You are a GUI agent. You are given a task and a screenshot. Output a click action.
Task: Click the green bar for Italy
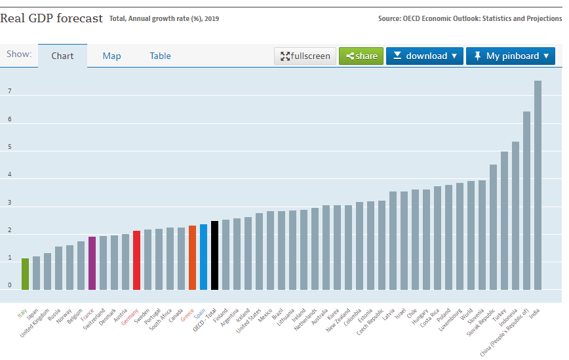tap(25, 273)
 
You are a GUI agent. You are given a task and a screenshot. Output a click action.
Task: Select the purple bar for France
tap(92, 263)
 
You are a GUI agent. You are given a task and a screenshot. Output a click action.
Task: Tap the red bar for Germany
tap(136, 260)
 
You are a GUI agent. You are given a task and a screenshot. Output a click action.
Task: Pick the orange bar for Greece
tap(192, 257)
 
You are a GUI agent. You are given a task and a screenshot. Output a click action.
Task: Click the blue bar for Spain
tap(203, 256)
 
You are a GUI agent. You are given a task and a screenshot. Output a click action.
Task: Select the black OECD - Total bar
tap(214, 255)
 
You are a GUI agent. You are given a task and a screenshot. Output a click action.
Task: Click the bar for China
tap(526, 200)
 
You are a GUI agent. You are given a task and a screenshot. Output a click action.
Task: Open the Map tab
tap(111, 56)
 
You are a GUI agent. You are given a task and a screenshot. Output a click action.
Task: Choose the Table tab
tap(160, 56)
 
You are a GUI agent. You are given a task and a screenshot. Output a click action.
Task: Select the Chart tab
tap(62, 56)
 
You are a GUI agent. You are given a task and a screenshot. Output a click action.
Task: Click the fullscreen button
tap(305, 56)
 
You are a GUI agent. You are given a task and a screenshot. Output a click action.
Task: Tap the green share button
tap(361, 56)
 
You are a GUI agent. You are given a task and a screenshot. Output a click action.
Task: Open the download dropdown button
tap(425, 56)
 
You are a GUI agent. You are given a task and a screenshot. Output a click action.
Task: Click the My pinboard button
tap(511, 56)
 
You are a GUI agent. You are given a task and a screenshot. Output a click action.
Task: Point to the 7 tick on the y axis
tap(10, 92)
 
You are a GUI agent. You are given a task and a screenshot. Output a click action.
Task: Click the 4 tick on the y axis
tap(10, 175)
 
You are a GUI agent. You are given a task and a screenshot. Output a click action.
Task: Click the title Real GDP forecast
tap(52, 18)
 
